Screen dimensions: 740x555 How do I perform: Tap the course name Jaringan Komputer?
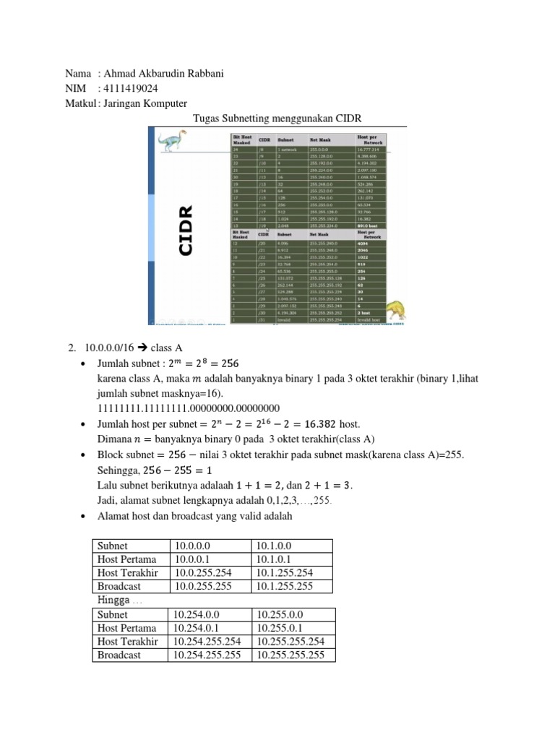click(145, 103)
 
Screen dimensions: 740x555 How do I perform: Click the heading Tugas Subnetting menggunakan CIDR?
click(277, 118)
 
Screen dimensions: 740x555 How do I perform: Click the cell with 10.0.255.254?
click(204, 572)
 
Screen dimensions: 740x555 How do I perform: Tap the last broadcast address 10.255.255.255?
click(291, 655)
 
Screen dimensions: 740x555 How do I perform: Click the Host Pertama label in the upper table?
click(126, 559)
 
